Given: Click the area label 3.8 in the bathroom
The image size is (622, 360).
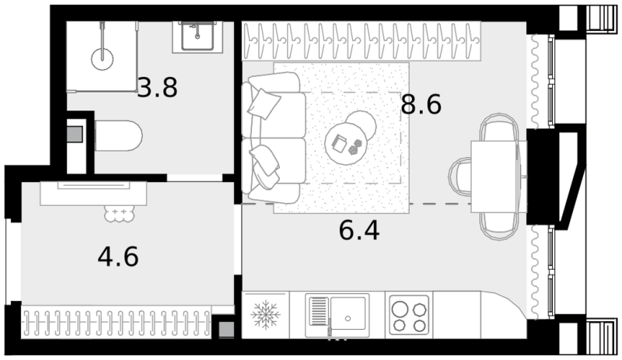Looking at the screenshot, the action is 158,88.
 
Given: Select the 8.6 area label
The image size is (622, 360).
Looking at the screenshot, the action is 421,105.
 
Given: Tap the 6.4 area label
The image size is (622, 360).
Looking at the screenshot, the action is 359,231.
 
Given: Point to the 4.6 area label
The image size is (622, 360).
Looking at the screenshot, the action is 118,257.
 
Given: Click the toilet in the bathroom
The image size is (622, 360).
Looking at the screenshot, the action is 118,135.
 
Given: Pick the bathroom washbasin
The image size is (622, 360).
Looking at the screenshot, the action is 197,37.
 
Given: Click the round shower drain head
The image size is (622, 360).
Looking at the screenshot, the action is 103,59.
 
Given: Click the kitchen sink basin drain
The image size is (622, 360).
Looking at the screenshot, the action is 348,318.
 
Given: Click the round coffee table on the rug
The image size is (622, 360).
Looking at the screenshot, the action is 345,143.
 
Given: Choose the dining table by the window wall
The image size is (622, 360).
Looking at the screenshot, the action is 498,177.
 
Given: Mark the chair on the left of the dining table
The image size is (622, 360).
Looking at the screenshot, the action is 460,176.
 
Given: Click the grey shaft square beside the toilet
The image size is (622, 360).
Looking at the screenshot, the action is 75,135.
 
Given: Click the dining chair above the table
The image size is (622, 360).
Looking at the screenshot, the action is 499,128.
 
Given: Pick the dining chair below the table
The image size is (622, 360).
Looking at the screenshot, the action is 499,225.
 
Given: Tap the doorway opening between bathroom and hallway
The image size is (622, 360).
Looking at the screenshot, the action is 194,177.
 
